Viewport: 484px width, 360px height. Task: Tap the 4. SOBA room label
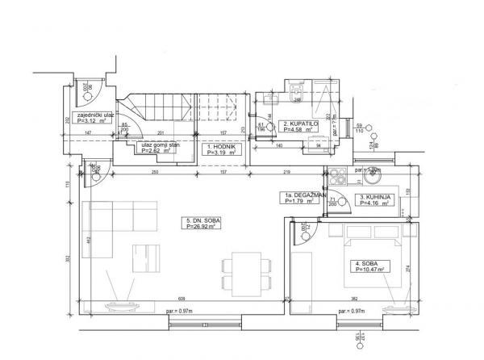365,263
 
